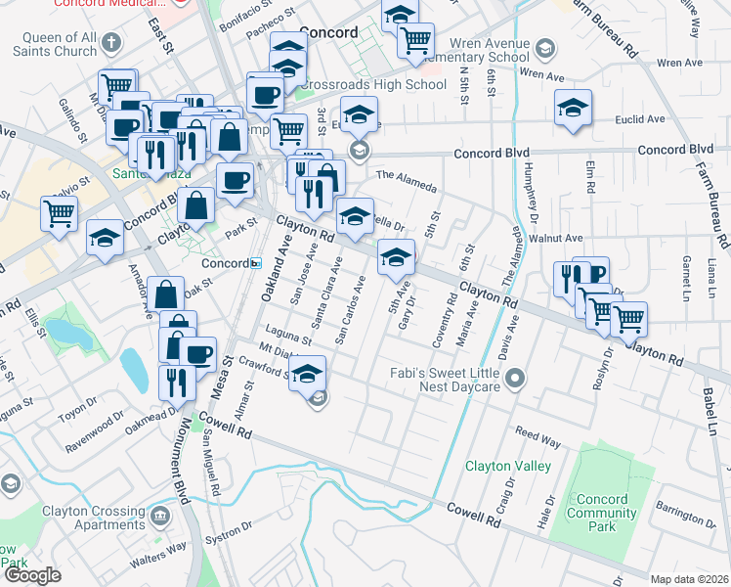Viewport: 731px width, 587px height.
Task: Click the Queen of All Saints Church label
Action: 48,44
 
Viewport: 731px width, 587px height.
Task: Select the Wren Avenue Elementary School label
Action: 490,51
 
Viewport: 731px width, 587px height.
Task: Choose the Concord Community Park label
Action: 602,514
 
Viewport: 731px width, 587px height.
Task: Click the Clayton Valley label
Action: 507,467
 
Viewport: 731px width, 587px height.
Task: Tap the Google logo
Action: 32,576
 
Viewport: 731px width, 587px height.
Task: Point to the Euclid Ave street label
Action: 639,119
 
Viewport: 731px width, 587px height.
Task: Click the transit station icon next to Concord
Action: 256,263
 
